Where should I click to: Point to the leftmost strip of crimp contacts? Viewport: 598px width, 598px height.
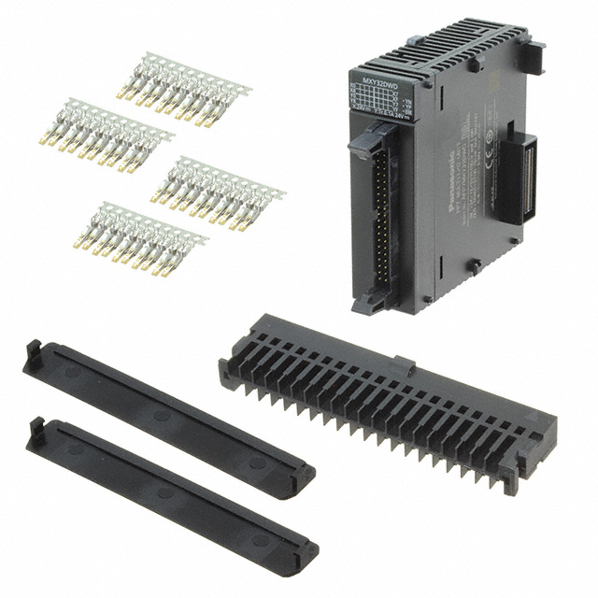(x=106, y=134)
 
